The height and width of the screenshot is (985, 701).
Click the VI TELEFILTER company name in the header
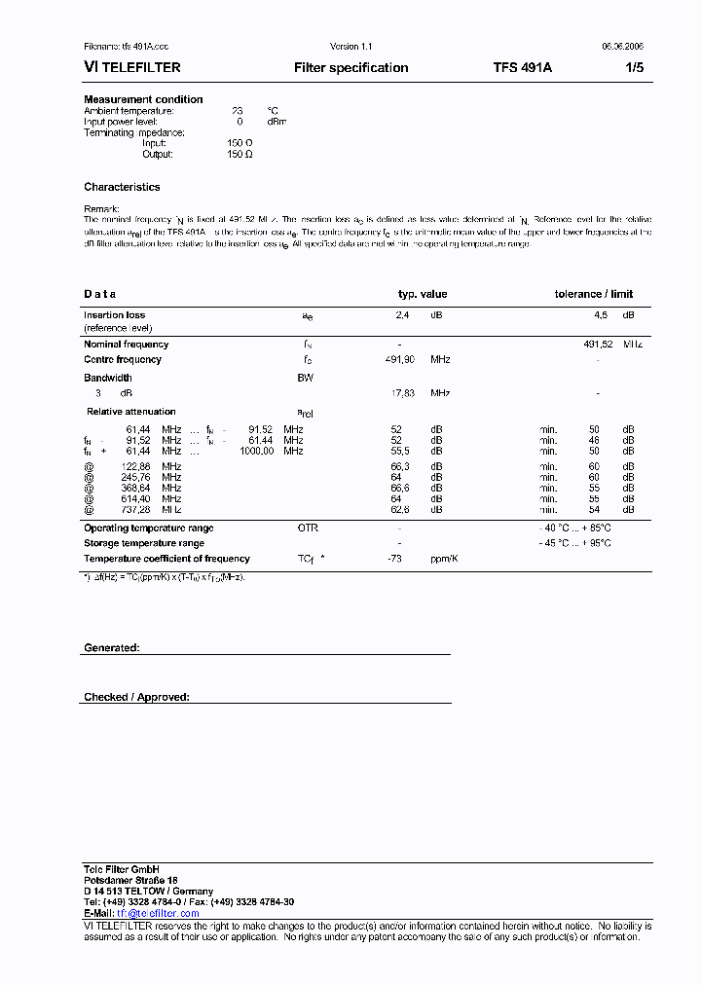click(132, 68)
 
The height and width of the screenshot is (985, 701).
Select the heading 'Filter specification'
click(350, 68)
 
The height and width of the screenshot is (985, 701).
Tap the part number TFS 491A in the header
click(522, 68)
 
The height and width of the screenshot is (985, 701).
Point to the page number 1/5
click(633, 68)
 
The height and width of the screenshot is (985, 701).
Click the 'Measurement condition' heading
click(143, 99)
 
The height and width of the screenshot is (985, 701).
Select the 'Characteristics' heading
click(122, 187)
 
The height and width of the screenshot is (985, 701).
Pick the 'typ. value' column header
click(423, 294)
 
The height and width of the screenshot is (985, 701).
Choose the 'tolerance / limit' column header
click(593, 294)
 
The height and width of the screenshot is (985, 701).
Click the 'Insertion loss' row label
click(114, 315)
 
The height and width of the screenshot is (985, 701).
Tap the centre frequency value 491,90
click(400, 360)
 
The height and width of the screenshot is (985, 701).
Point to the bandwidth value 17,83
click(402, 393)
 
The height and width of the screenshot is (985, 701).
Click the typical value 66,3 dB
click(398, 467)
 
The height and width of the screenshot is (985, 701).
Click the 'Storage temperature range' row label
click(144, 543)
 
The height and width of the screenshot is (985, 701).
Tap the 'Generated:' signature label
click(111, 647)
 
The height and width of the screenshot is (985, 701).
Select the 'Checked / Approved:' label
click(136, 697)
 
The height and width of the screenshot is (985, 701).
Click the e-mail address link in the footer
click(158, 913)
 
